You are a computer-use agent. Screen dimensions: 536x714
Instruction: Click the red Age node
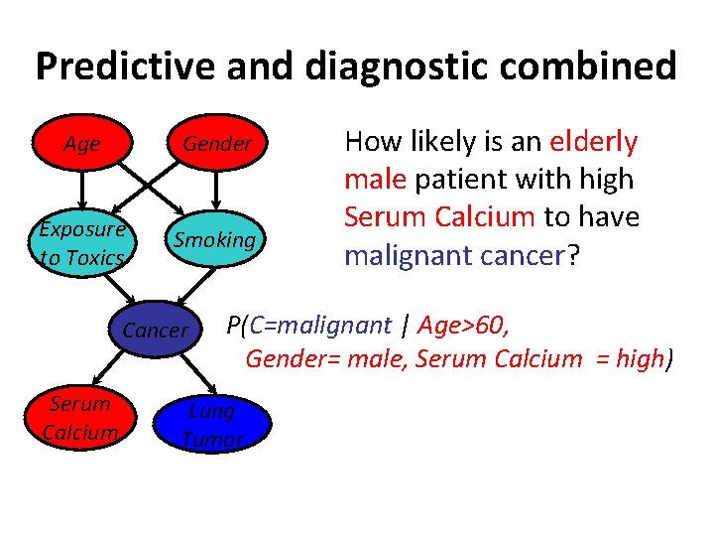pyautogui.click(x=82, y=144)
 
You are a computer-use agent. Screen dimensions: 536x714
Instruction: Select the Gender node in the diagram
pyautogui.click(x=217, y=144)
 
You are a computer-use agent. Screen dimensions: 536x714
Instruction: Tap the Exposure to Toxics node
pyautogui.click(x=82, y=241)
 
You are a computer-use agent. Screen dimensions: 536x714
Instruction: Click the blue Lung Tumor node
pyautogui.click(x=212, y=425)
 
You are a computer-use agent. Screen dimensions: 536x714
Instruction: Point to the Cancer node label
pyautogui.click(x=156, y=331)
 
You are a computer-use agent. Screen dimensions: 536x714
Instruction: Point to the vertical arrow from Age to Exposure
pyautogui.click(x=82, y=190)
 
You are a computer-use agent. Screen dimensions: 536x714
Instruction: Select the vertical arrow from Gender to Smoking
pyautogui.click(x=217, y=190)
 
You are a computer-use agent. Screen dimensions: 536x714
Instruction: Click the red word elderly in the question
pyautogui.click(x=593, y=142)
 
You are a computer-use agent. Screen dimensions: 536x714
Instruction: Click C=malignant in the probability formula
pyautogui.click(x=317, y=325)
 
